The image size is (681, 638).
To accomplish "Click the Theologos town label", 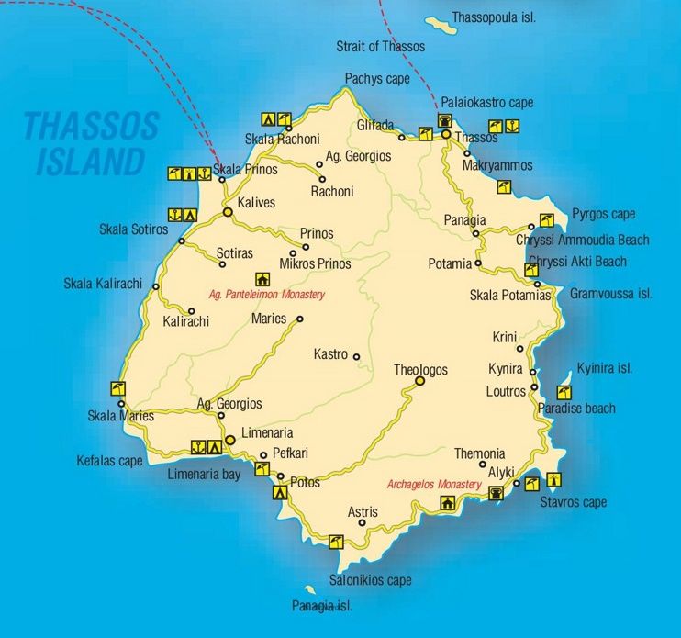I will tap(420, 369).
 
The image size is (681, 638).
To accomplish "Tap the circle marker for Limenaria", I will tap(230, 441).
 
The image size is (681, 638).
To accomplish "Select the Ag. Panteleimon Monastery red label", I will tap(267, 295).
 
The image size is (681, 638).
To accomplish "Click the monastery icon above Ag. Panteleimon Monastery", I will tap(262, 279).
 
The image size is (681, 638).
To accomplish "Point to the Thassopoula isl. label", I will tap(494, 17).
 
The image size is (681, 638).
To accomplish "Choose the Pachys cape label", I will tap(376, 79).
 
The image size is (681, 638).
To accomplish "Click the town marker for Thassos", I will tap(446, 135).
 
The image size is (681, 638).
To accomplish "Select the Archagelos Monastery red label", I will tap(434, 485).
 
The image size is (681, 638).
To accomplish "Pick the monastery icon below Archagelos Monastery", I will tap(447, 502).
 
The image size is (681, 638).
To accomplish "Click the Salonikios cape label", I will tap(371, 580).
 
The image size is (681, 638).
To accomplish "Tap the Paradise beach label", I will tap(576, 408).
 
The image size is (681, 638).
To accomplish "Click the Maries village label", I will tap(268, 319).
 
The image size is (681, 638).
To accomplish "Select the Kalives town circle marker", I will tap(227, 212).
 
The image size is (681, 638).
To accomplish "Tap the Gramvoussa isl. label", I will tap(610, 294).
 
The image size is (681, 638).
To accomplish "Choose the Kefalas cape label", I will tap(109, 461).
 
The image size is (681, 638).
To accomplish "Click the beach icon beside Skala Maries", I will tap(117, 388).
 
